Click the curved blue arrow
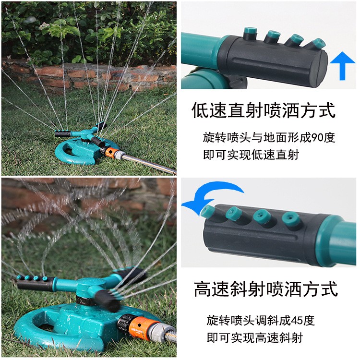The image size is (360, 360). pyautogui.click(x=211, y=195)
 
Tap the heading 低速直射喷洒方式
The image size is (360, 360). pyautogui.click(x=263, y=111)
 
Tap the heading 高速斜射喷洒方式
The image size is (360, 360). pyautogui.click(x=266, y=289)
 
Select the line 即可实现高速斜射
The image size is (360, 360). pyautogui.click(x=254, y=338)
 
